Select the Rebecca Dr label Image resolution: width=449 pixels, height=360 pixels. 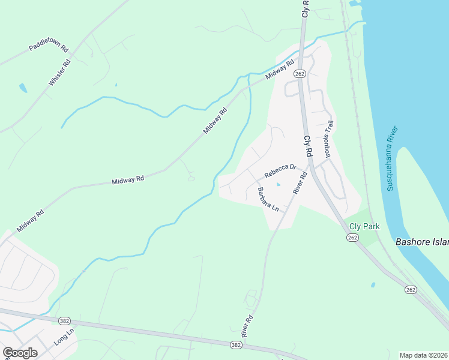[x=281, y=171]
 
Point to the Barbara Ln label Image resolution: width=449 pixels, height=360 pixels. [x=268, y=199]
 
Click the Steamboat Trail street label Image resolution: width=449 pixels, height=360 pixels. [x=328, y=138]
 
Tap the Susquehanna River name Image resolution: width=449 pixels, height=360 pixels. [x=393, y=159]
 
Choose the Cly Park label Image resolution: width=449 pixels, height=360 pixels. [x=364, y=227]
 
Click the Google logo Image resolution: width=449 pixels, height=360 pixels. [x=20, y=353]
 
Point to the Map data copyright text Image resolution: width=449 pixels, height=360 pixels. [x=424, y=355]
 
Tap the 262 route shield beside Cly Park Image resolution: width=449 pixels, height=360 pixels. [x=353, y=238]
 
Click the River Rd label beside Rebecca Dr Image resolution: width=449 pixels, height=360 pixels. [x=300, y=182]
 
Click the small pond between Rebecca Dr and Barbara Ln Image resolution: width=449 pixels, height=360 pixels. [x=277, y=184]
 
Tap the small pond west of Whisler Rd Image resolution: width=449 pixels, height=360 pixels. [x=23, y=88]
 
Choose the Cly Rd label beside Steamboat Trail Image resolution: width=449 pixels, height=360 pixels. [x=309, y=146]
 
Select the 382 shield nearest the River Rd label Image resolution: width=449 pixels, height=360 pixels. [x=236, y=345]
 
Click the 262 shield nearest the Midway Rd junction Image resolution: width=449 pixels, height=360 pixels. [x=300, y=73]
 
